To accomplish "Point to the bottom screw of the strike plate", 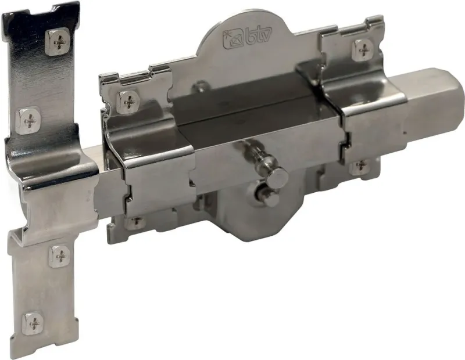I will [x=33, y=322].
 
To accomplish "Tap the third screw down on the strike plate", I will [x=59, y=255].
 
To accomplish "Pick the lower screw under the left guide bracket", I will [x=135, y=222].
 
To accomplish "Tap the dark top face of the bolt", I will [x=244, y=105].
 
